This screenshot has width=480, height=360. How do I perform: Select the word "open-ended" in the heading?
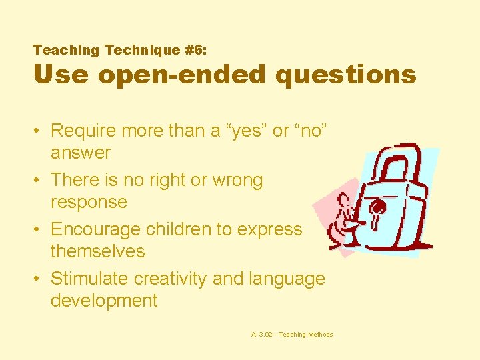(181, 74)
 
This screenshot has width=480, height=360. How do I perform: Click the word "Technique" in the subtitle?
(133, 50)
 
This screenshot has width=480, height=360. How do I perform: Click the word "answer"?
(81, 153)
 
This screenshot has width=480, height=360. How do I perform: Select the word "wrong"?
(237, 180)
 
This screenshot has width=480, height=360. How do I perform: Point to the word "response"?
(89, 202)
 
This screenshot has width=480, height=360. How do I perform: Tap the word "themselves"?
(97, 251)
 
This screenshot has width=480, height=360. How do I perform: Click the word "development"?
(104, 301)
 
